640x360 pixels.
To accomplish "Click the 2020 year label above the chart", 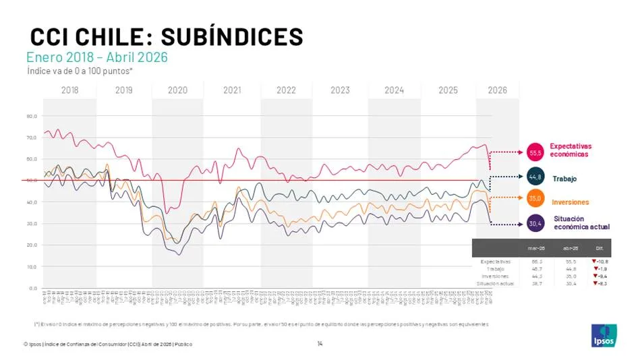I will pos(177,90).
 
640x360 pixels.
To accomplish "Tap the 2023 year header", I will pos(339,90).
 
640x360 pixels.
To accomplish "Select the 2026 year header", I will pos(498,90).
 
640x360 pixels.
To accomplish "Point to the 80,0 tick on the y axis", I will pos(32,116).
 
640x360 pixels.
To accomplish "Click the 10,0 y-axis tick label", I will pos(32,266).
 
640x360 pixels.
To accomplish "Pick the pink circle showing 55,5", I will pos(536,152).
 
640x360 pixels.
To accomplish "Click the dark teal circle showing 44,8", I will pos(536,179).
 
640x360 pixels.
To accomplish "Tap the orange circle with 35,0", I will pos(536,199).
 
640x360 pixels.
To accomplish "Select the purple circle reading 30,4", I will pos(536,223).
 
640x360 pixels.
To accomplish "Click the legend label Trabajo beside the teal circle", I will pos(564,179).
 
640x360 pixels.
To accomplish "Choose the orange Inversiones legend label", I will pos(570,202).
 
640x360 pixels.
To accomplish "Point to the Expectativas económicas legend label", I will pos(570,150).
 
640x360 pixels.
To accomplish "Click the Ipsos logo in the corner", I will pos(604,335).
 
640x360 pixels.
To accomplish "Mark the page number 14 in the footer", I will pos(320,344).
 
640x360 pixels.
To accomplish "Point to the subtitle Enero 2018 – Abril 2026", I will pos(96,57).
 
